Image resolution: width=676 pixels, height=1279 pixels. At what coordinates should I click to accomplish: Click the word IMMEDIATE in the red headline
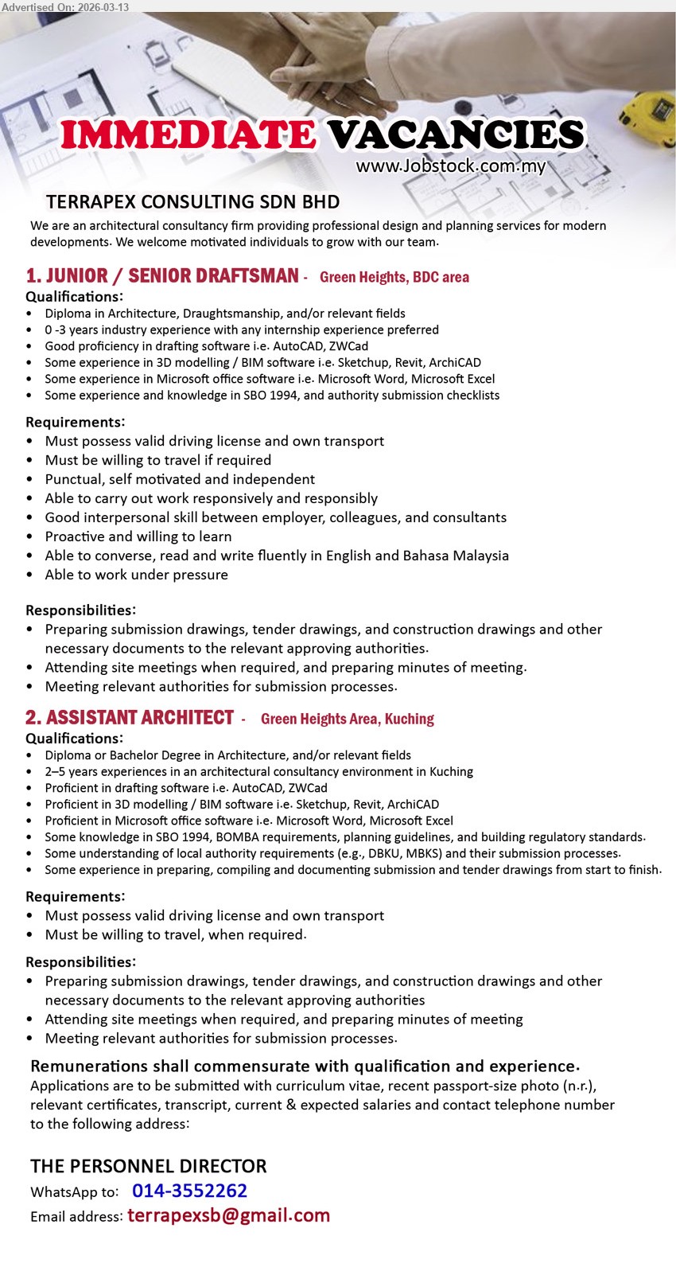pos(188,135)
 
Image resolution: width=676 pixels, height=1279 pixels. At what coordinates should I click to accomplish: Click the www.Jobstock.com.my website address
pos(450,166)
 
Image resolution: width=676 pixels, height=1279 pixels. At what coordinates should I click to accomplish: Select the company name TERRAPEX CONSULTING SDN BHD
pos(192,202)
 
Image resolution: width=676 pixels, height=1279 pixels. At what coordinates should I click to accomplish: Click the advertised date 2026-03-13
pos(103,7)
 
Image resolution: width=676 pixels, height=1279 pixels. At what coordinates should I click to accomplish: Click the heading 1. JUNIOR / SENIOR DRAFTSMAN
pos(162,276)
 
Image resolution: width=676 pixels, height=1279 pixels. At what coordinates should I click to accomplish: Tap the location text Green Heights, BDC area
pos(394,277)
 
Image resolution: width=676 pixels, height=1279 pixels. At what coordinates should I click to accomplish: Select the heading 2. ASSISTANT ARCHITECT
pos(130,718)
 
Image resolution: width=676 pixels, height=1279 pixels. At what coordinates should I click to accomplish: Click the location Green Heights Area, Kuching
pos(347,719)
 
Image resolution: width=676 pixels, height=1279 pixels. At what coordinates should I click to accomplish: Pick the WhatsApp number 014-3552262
pos(189,1191)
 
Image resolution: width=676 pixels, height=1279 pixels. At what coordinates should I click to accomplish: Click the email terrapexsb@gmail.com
pos(228,1215)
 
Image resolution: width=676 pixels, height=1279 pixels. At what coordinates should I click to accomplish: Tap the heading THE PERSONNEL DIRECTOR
pos(149,1166)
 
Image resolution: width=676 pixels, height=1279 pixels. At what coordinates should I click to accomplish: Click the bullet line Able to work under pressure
pos(136,575)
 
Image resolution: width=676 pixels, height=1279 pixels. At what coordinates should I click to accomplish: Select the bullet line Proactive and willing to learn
pos(138,536)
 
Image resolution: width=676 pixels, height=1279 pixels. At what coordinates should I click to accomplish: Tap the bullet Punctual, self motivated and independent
pos(180,479)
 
